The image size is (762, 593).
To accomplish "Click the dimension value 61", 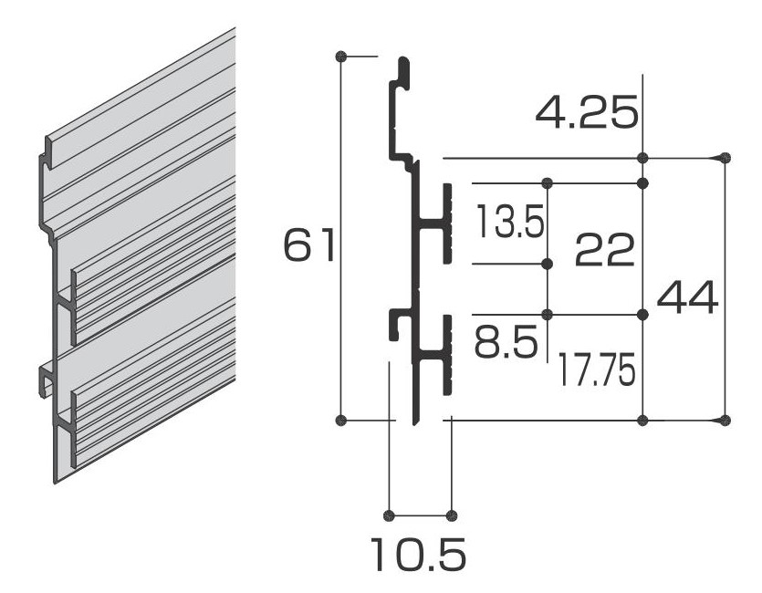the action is point(309,244).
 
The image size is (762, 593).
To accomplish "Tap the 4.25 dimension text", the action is point(587,113).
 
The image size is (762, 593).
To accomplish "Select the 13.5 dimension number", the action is point(510,221).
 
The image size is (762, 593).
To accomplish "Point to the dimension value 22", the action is point(604,250).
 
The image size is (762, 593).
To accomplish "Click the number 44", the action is point(687,297).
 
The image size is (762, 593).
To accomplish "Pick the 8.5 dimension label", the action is point(506,341).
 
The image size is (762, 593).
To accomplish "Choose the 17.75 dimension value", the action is point(596,369).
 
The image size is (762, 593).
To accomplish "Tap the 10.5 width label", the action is point(418,554).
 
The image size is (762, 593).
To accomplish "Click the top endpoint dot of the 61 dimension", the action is point(341,57).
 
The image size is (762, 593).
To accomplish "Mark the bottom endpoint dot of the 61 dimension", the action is point(341,419).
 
